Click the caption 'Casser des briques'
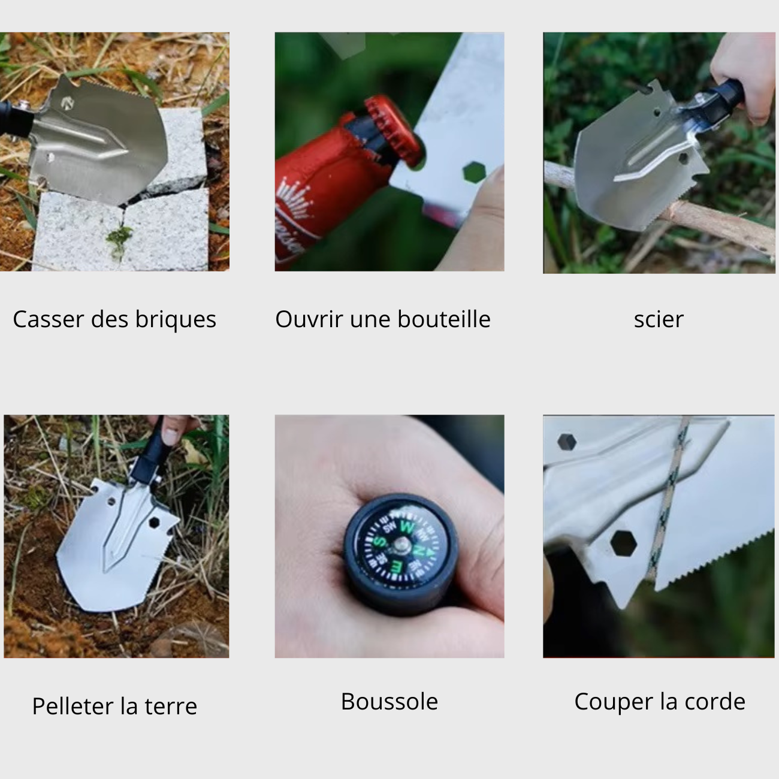tap(114, 319)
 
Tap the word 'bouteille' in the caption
tap(444, 319)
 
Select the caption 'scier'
tap(659, 319)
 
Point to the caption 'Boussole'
tap(389, 701)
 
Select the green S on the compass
tap(380, 541)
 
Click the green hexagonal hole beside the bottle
tap(474, 173)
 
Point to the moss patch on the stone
tap(120, 238)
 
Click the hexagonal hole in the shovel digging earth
tap(154, 523)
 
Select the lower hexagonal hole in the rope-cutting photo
tap(623, 544)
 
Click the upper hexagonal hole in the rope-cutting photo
tap(566, 442)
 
